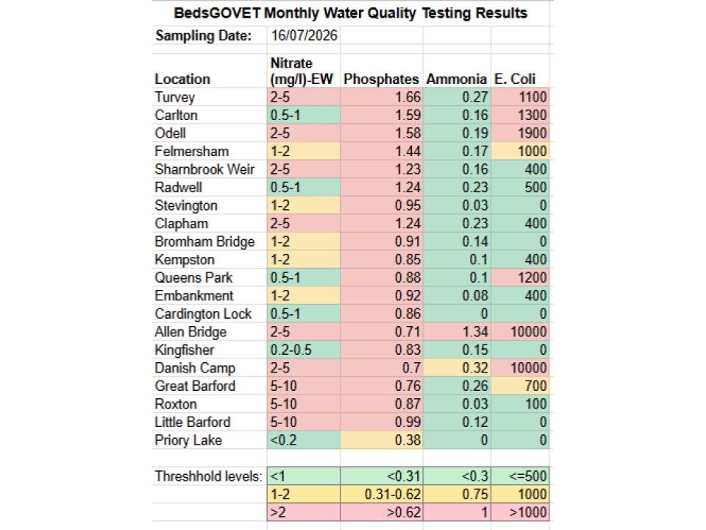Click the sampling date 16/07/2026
coord(304,35)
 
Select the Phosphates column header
coord(381,79)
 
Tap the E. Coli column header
coord(515,79)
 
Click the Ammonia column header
coord(457,79)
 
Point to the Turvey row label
coord(175,97)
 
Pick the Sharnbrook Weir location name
coord(204,169)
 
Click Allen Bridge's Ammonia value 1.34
coord(475,332)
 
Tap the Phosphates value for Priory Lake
coord(407,440)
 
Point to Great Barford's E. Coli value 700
coord(535,386)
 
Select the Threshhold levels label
coord(208,476)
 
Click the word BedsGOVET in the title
coord(217,13)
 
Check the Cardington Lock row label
coord(203,314)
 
